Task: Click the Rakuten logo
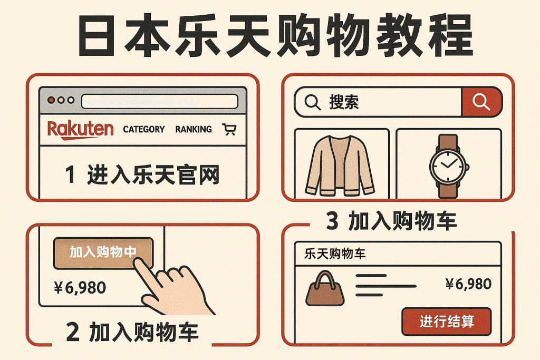point(80,129)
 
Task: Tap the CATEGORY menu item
point(143,129)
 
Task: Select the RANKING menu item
point(194,129)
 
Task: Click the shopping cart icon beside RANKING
point(229,129)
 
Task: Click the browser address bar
point(160,100)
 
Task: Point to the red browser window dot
point(51,100)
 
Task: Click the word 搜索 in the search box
point(344,102)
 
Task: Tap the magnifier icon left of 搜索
point(313,102)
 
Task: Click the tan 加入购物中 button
point(103,252)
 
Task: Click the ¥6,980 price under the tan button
point(80,288)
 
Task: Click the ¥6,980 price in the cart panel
point(468,285)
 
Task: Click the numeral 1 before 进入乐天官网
point(70,175)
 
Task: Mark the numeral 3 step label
point(332,222)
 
